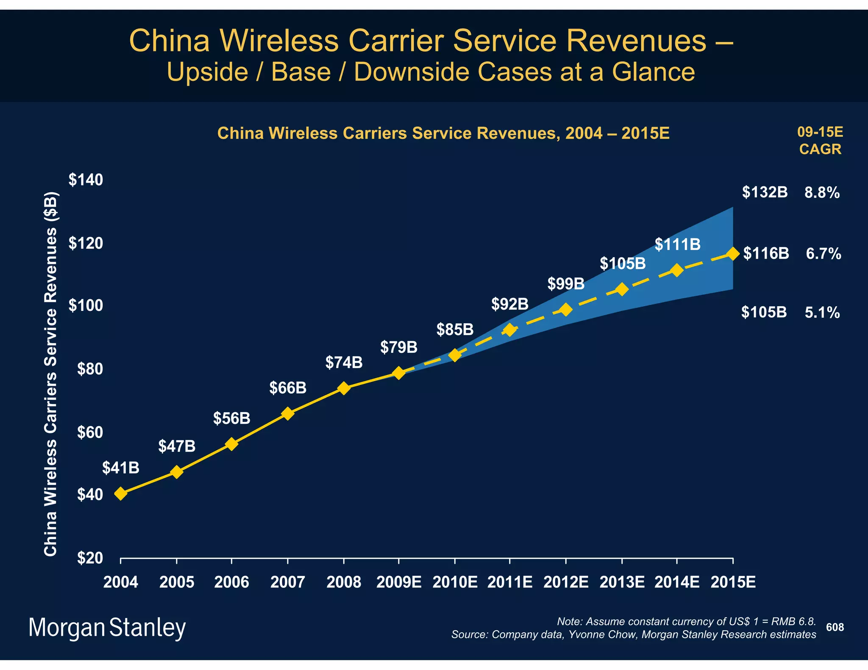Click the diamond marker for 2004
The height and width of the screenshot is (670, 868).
point(120,494)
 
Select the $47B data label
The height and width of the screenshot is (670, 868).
point(177,446)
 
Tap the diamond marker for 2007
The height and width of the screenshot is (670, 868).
point(287,413)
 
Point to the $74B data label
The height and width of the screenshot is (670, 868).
point(344,363)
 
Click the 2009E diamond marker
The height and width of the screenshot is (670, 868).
point(398,373)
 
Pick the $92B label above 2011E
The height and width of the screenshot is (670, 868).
point(510,304)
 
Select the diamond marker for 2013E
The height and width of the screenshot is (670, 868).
point(622,290)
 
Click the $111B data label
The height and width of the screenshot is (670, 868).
point(677,244)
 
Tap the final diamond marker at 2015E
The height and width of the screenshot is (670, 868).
point(733,254)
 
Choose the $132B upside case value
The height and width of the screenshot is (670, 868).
point(765,192)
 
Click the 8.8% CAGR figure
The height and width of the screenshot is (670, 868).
point(822,193)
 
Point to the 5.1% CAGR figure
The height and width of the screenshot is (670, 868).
point(822,313)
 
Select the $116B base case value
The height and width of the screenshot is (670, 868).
point(766,254)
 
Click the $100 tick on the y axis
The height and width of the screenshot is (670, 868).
point(86,305)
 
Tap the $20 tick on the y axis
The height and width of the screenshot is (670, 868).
point(90,558)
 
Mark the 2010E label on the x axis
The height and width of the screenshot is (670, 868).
point(455,582)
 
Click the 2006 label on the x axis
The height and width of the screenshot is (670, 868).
point(231,582)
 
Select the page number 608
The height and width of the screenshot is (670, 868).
point(835,627)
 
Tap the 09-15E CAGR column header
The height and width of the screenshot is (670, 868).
point(820,141)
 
